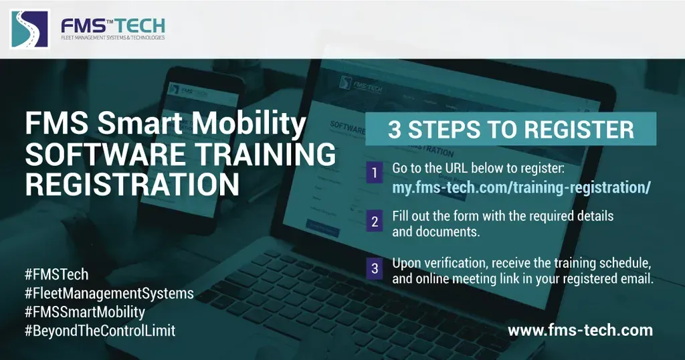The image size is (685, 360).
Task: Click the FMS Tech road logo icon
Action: click(30, 29)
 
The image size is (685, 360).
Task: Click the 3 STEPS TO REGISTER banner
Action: click(510, 129)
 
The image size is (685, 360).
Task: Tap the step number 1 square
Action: click(374, 175)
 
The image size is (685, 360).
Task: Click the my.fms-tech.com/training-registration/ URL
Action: click(521, 187)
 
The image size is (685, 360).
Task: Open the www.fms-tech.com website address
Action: click(580, 330)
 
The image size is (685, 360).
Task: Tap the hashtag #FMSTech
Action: click(56, 274)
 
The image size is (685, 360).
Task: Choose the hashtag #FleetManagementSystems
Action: click(108, 293)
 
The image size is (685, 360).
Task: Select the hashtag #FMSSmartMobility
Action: click(84, 312)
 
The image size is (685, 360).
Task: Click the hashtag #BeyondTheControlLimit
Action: click(99, 331)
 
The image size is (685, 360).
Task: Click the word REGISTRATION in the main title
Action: click(132, 184)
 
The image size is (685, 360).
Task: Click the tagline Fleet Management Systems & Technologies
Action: click(113, 38)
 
